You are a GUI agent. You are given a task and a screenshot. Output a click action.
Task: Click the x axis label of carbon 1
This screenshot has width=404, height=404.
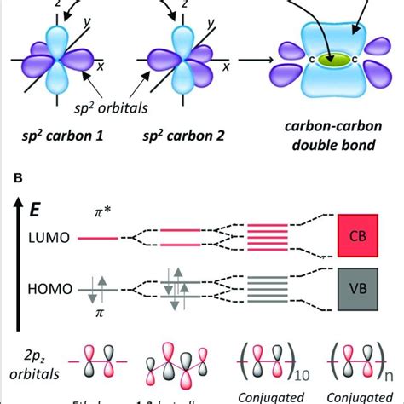[120, 65]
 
